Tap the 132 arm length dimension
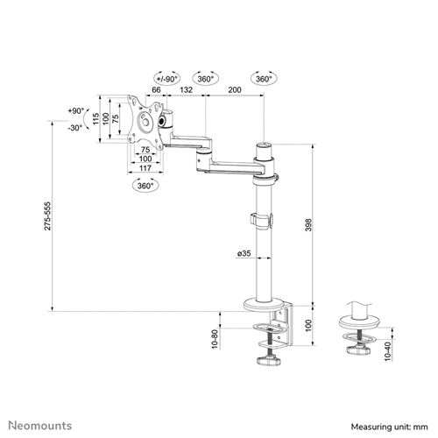pyautogui.click(x=187, y=90)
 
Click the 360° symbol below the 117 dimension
pyautogui.click(x=145, y=186)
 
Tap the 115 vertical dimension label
pyautogui.click(x=97, y=117)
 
